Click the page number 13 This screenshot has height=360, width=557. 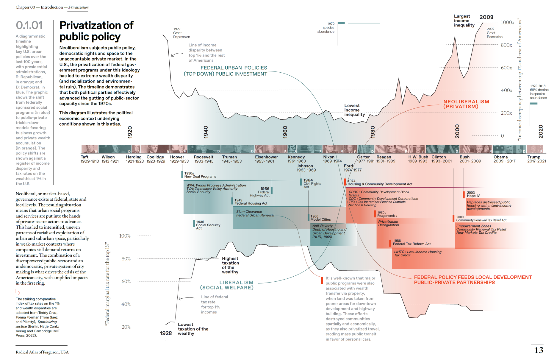click(x=539, y=350)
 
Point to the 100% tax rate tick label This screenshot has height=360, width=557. click(x=125, y=236)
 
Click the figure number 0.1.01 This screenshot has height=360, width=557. click(x=29, y=25)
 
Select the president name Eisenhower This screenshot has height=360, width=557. click(x=266, y=157)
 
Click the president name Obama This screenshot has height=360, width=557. click(x=500, y=157)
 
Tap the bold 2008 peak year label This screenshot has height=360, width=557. click(x=486, y=17)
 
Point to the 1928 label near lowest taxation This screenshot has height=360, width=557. click(x=166, y=333)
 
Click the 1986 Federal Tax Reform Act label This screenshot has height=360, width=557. click(x=412, y=242)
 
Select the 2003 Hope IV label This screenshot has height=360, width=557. click(x=473, y=194)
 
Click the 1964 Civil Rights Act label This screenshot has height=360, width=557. click(x=312, y=183)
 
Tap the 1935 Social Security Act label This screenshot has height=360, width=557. click(x=208, y=225)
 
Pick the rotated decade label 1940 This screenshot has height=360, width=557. click(x=206, y=132)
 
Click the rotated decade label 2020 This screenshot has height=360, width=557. click(x=541, y=131)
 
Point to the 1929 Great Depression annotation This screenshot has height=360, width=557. click(x=182, y=33)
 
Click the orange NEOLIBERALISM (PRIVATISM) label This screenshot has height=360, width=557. click(x=466, y=104)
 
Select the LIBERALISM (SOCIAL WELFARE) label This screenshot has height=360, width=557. click(x=227, y=285)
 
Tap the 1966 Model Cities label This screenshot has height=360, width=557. click(x=320, y=218)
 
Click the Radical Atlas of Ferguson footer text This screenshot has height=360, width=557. click(x=42, y=352)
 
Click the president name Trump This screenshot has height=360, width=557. click(x=534, y=157)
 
